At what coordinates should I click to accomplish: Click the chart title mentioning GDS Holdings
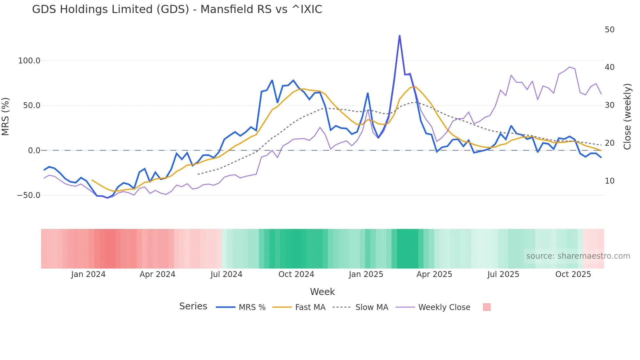click(x=177, y=9)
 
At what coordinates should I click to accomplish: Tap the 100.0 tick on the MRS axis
click(x=29, y=61)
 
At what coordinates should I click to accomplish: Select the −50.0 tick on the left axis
click(x=29, y=195)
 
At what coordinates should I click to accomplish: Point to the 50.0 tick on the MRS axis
click(x=31, y=106)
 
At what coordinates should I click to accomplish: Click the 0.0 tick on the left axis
click(x=34, y=151)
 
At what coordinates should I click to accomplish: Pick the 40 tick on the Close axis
click(x=609, y=67)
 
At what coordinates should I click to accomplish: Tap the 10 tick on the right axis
click(x=609, y=181)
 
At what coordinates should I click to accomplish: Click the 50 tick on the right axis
click(x=609, y=30)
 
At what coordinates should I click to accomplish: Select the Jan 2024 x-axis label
click(x=88, y=274)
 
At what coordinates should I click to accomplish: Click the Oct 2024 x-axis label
click(x=296, y=274)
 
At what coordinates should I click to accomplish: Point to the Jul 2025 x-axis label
click(x=503, y=274)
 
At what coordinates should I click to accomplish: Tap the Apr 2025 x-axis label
click(x=434, y=274)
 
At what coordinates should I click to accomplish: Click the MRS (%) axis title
click(x=6, y=117)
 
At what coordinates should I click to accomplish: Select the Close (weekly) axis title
click(x=627, y=117)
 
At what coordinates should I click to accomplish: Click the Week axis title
click(x=322, y=292)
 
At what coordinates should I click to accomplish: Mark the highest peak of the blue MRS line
click(x=399, y=36)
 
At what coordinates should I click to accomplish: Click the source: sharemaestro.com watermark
click(x=578, y=256)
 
